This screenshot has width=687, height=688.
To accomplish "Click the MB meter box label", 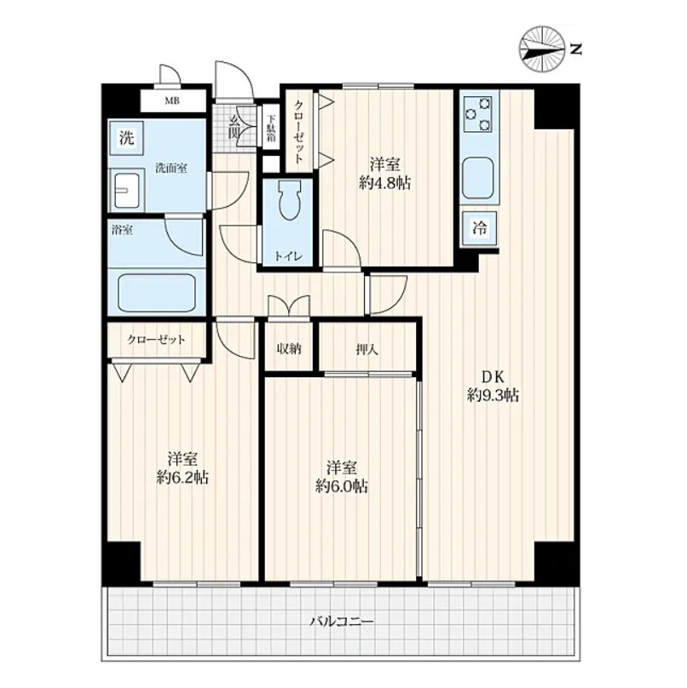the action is click(172, 101).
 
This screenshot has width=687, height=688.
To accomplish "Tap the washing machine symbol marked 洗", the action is click(126, 138).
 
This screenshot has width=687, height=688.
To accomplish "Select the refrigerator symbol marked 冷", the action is click(480, 228).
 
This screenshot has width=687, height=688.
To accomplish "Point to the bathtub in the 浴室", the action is click(157, 294).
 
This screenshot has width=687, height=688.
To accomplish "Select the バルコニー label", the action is click(342, 622).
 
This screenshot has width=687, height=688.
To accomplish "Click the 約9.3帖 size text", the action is click(494, 396).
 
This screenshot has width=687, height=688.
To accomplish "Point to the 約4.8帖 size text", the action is click(384, 183).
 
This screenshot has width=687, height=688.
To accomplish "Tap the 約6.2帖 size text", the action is click(182, 477).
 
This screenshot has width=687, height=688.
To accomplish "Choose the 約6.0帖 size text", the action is click(342, 485).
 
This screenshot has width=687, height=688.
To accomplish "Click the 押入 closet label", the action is click(367, 350).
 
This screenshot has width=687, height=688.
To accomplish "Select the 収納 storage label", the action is click(289, 350).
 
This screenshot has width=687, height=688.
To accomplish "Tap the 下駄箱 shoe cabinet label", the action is click(271, 129).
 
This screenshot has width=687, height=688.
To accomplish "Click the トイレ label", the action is click(288, 256).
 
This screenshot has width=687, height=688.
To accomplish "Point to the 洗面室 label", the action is click(171, 169).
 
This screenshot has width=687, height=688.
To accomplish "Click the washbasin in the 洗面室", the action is click(127, 191).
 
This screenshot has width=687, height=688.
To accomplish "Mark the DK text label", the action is click(494, 376).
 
